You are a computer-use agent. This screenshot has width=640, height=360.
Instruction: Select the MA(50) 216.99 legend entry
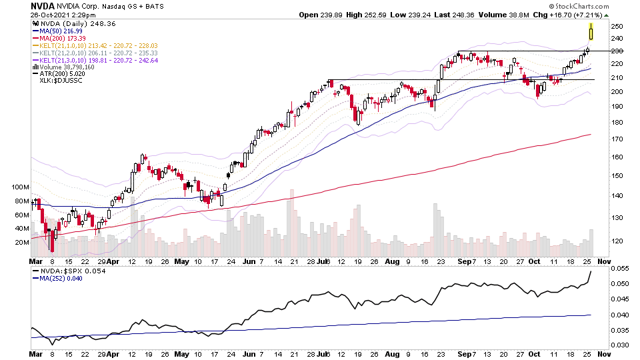pyautogui.click(x=64, y=31)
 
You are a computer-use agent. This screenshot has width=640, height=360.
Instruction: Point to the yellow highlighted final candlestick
pyautogui.click(x=591, y=31)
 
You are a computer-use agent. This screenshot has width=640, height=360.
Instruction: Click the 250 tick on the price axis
pyautogui.click(x=617, y=26)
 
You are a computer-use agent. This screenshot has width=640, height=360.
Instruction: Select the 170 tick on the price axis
pyautogui.click(x=617, y=139)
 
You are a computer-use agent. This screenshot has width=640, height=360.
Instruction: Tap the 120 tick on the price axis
pyautogui.click(x=617, y=241)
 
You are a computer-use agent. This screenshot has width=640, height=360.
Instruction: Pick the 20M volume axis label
pyautogui.click(x=21, y=243)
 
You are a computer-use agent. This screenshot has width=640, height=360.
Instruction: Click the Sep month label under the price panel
pyautogui.click(x=461, y=262)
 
